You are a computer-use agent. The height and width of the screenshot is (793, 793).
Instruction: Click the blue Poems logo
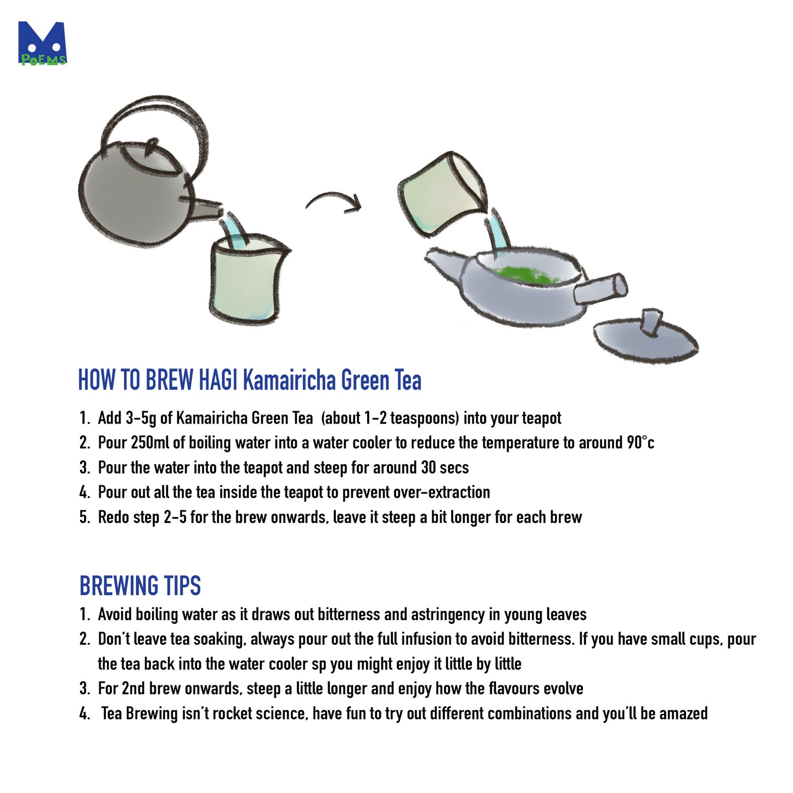click(x=42, y=43)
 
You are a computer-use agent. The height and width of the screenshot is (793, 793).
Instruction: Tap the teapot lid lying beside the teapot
click(x=645, y=338)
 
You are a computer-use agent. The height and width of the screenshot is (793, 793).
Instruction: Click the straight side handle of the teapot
click(x=601, y=289)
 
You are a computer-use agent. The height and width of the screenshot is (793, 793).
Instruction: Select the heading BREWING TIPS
click(x=140, y=586)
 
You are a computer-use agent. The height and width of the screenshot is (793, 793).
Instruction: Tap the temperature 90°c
click(x=640, y=443)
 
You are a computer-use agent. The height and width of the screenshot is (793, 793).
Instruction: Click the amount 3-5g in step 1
click(x=140, y=418)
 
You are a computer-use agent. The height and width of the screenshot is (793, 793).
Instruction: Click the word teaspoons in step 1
click(x=424, y=418)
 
